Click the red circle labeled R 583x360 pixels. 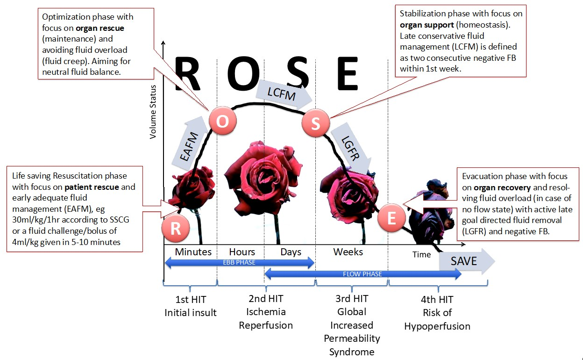click(176, 229)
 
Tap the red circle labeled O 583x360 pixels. click(222, 121)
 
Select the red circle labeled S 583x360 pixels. click(316, 124)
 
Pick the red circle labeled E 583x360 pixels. click(391, 218)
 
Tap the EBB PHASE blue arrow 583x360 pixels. click(239, 263)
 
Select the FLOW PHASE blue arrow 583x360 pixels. click(363, 274)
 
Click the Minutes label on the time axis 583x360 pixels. click(193, 252)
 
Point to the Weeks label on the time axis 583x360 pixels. click(348, 252)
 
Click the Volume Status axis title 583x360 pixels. click(153, 112)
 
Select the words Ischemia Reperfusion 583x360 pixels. click(266, 318)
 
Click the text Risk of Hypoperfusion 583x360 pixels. click(437, 319)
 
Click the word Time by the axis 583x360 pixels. click(421, 254)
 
